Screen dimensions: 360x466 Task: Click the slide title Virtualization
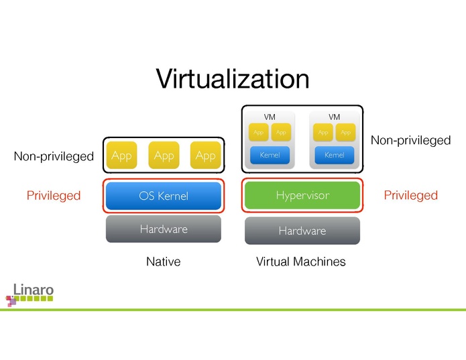[233, 79]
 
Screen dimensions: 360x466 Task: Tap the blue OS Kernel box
[164, 196]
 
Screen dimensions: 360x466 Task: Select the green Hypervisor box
[302, 195]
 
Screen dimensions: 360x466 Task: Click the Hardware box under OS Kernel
[164, 229]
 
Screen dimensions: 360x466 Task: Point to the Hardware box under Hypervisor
[302, 231]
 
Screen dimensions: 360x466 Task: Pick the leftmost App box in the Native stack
[121, 156]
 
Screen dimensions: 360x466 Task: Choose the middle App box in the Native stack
[164, 156]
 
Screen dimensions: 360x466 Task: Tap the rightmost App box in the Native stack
[205, 156]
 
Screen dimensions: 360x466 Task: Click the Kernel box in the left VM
[270, 155]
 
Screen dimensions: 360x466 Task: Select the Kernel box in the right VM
[334, 155]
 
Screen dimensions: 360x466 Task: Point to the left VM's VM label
[270, 117]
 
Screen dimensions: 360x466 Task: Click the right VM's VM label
[334, 117]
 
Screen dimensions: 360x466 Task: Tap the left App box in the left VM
[258, 132]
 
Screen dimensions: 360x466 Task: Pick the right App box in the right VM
[345, 132]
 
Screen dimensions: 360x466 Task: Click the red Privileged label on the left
[54, 196]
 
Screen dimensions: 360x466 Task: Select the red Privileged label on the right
[410, 195]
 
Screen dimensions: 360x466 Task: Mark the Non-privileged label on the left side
[54, 157]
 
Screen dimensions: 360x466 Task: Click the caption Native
[164, 261]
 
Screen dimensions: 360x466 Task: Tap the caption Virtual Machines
[301, 261]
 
